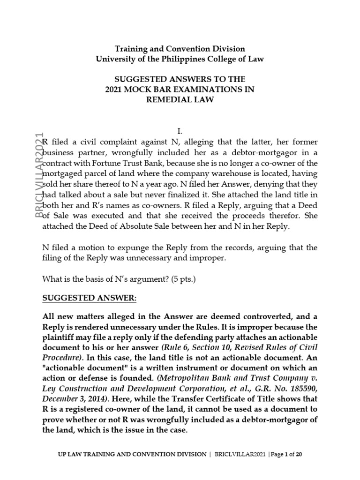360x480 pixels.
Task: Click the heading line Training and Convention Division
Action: [180, 49]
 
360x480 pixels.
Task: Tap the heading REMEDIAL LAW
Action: [180, 99]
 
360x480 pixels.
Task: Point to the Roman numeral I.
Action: [180, 131]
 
